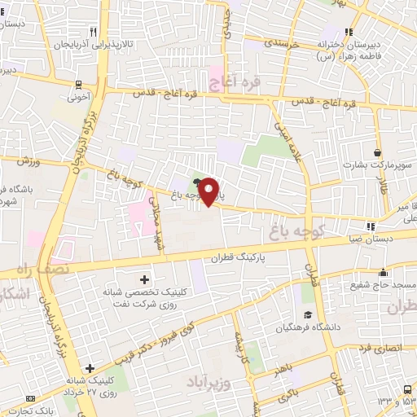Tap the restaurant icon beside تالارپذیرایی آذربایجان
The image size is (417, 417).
coord(94,32)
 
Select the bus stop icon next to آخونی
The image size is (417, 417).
coord(78,84)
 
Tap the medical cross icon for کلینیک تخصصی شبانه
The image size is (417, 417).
coord(145,279)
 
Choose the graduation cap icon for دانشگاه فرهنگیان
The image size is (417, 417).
coord(307,316)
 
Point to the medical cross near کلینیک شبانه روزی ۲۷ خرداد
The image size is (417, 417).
coord(90,369)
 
